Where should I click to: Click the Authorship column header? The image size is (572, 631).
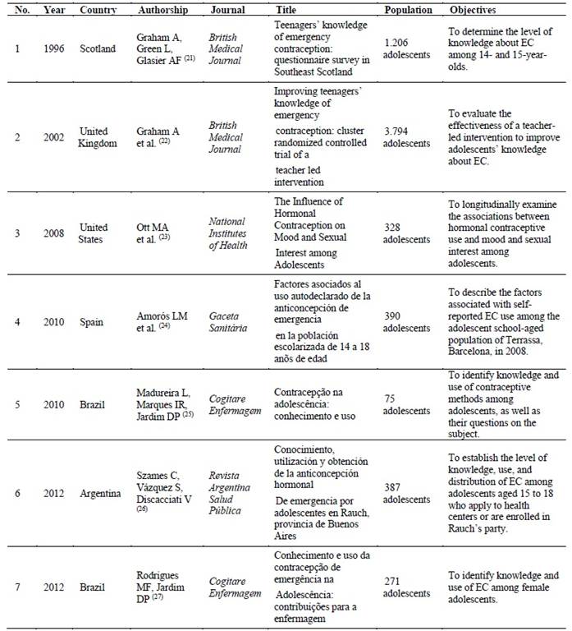click(x=165, y=10)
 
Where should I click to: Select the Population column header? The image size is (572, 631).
click(x=408, y=10)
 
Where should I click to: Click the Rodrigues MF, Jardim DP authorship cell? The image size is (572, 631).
click(x=165, y=587)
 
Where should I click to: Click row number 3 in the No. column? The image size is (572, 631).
click(x=17, y=233)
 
